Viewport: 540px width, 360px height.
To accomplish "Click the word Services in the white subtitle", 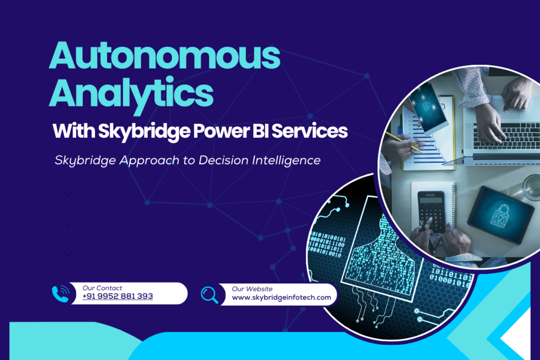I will point(314,131).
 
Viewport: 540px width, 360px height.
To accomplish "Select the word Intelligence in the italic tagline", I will point(286,160).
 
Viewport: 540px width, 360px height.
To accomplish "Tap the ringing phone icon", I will point(61,293).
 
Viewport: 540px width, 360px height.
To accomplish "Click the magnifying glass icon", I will point(209,294).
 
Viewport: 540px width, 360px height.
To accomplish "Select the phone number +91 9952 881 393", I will point(118,297).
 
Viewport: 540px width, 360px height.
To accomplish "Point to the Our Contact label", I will point(102,288).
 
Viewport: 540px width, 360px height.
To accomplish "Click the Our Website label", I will point(252,288).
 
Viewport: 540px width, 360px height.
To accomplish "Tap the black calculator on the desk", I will point(431,210).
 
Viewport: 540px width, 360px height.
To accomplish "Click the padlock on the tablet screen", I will point(500,216).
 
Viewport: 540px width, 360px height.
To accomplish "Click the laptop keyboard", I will point(504,135).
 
